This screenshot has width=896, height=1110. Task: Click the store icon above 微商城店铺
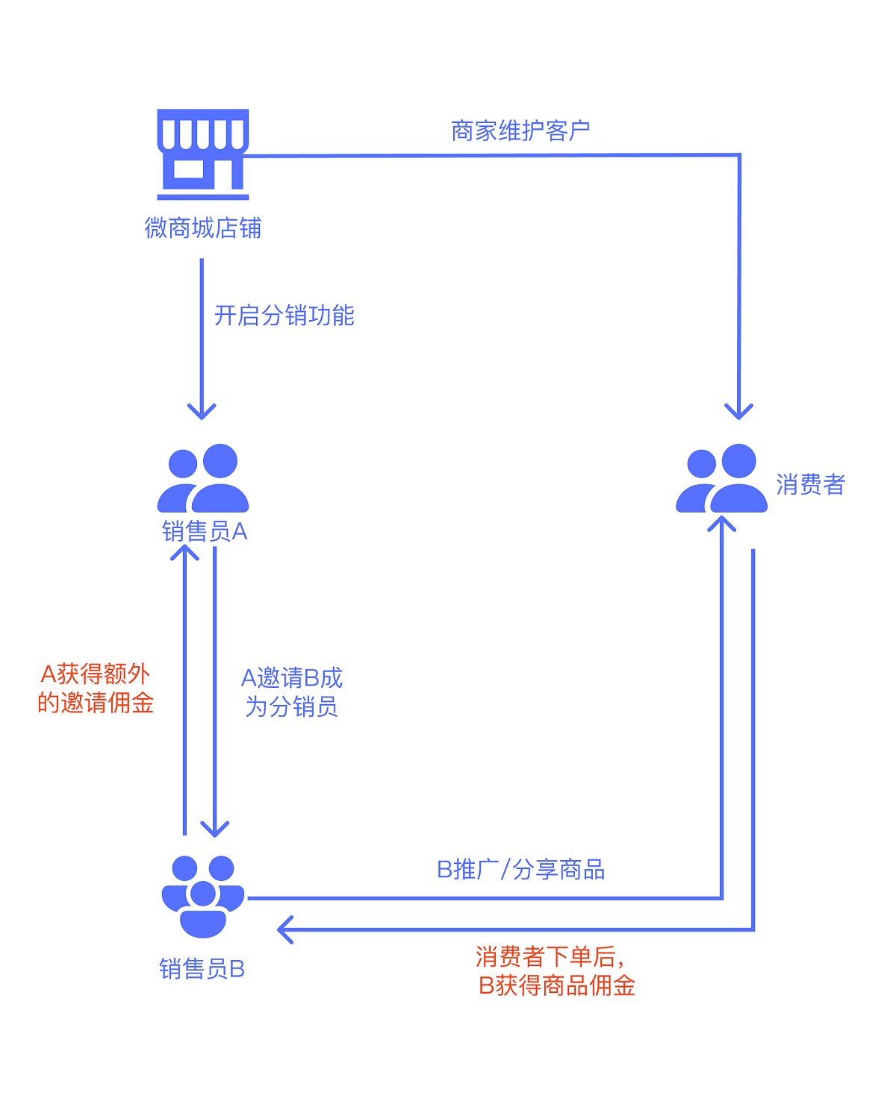click(202, 154)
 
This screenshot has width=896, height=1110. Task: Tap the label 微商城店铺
click(202, 228)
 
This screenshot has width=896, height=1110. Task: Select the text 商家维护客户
click(520, 131)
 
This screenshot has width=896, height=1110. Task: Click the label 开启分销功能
click(284, 316)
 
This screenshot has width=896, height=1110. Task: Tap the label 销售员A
click(205, 532)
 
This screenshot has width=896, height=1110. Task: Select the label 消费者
click(810, 485)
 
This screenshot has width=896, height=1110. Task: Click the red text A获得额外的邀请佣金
click(96, 689)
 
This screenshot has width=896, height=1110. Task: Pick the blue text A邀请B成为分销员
click(292, 692)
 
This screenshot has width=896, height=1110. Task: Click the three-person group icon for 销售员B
click(203, 896)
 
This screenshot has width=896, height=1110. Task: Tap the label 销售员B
click(202, 969)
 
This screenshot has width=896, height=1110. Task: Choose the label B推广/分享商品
click(520, 870)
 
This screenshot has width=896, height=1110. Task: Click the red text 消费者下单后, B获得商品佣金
click(556, 971)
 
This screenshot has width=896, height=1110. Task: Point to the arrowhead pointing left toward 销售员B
click(284, 929)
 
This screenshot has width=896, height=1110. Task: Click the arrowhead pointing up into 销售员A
click(184, 552)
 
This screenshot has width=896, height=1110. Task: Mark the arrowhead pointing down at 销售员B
click(215, 829)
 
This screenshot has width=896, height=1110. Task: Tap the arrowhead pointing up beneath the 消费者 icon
click(722, 523)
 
